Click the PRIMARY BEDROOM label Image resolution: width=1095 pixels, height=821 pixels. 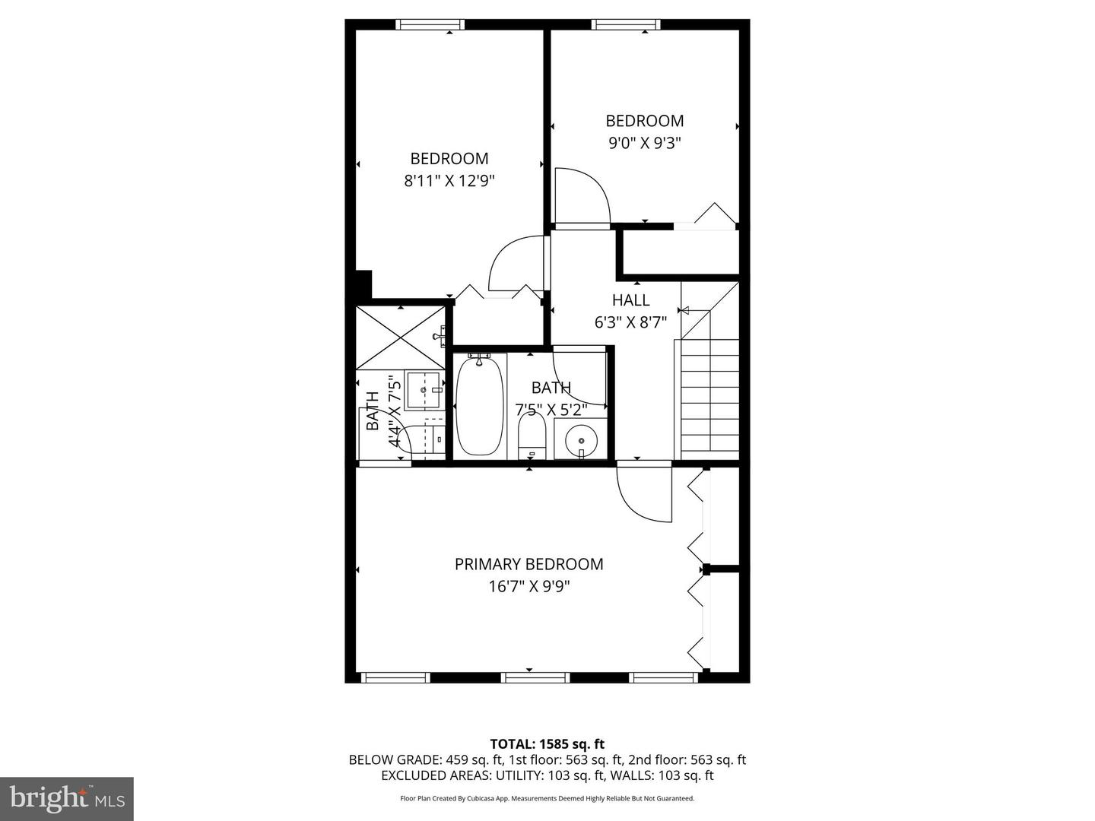point(528,564)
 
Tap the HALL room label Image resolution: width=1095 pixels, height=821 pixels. point(630,300)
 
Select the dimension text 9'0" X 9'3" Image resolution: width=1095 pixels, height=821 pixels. point(644,142)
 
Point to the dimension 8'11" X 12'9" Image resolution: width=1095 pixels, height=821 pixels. point(449,181)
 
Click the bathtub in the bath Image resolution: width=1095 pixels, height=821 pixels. point(479,407)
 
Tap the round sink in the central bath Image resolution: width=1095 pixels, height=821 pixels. point(581,439)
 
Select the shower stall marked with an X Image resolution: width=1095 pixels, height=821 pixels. point(400,337)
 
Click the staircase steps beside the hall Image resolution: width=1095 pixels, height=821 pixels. point(709,399)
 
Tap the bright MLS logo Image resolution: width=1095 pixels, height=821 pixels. point(67,798)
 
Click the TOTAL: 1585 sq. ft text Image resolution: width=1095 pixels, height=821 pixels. point(547,744)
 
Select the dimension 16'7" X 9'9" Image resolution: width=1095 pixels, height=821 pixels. point(528,586)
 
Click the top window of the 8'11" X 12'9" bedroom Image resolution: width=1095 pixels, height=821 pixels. point(430,24)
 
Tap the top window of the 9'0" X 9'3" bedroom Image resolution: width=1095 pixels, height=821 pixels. point(626,24)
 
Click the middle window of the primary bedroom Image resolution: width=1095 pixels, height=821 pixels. point(535,677)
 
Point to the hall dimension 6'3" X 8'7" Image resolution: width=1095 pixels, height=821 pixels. point(630,322)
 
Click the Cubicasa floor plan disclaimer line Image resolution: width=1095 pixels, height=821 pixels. point(547,798)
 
